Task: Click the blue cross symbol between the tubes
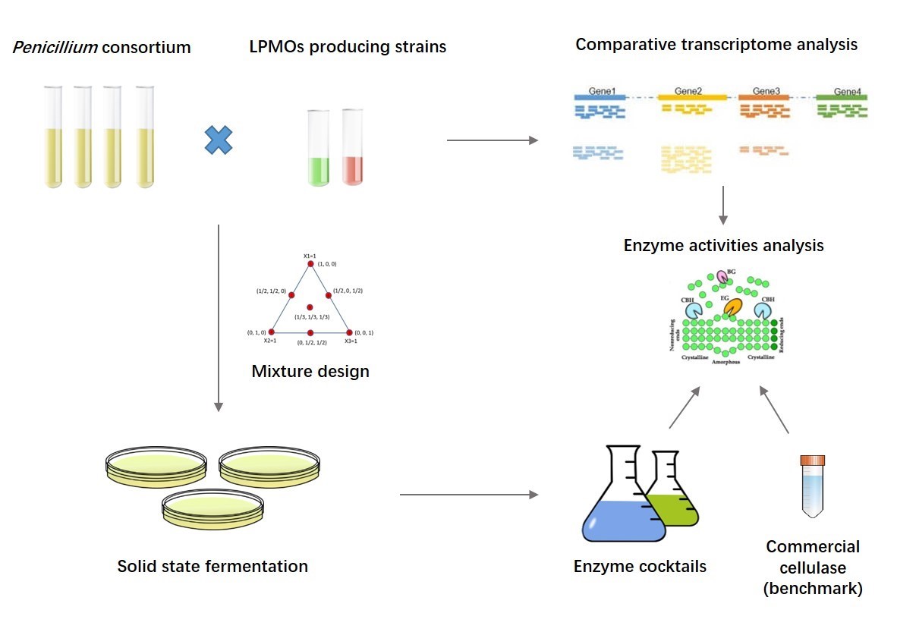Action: (219, 140)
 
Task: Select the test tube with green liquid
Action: (318, 149)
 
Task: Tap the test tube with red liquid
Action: (354, 148)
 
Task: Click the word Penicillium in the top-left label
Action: (54, 48)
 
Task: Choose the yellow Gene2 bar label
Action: (688, 93)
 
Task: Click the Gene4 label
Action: (847, 93)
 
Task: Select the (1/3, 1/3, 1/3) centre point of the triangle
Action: (310, 307)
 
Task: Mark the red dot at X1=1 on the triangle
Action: (310, 263)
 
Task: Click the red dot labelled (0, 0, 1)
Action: (349, 332)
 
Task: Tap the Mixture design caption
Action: (310, 372)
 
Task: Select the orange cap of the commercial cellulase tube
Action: (813, 460)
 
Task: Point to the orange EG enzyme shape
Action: (733, 307)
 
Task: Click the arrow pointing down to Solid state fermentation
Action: (219, 319)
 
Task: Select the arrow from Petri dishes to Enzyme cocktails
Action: (468, 495)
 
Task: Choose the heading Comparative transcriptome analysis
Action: (716, 44)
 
